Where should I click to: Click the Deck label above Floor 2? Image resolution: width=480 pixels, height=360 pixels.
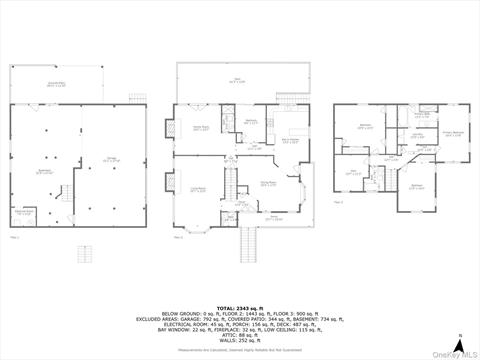[236, 81]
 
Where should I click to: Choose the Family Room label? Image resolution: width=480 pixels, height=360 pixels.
[200, 128]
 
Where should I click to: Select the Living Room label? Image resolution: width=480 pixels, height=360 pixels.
[199, 188]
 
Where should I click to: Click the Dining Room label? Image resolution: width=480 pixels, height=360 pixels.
[269, 183]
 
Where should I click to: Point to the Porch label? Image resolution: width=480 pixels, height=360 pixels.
[273, 216]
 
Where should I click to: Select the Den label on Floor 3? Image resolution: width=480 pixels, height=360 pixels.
[352, 172]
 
